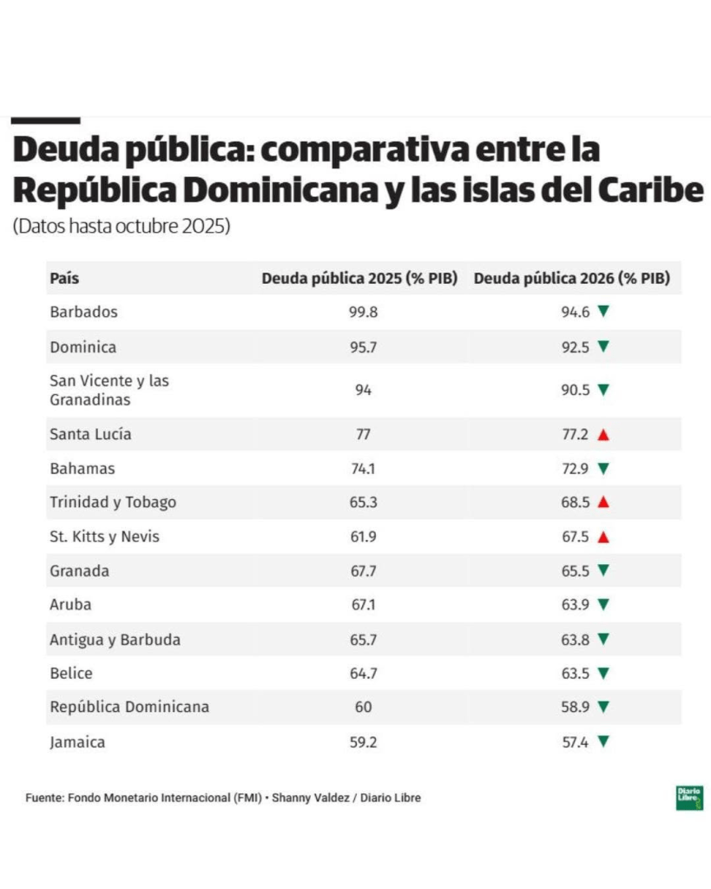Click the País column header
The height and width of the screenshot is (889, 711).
coord(64,279)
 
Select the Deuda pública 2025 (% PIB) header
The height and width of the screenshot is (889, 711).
coord(359,279)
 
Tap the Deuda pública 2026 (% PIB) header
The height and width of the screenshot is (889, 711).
coord(572,279)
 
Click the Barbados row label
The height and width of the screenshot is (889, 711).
coord(84,312)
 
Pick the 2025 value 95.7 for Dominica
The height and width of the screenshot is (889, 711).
coord(364,347)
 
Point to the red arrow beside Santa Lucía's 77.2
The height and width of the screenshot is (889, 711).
coord(603,435)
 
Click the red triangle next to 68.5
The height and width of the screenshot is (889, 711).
coord(603,502)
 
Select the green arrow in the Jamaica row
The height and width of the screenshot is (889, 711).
coord(603,741)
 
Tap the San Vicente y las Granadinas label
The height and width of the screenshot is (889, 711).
coord(109,390)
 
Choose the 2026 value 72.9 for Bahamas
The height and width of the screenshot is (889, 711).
coord(576,469)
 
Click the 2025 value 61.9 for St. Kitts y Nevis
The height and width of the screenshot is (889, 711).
coord(364,537)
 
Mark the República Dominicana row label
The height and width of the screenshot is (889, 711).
coord(129,707)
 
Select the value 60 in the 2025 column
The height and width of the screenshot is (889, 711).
coord(364,707)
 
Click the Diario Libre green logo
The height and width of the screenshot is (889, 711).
coord(689,798)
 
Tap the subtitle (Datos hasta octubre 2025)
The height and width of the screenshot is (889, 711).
coord(122,227)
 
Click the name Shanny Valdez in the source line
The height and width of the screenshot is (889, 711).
coord(310,798)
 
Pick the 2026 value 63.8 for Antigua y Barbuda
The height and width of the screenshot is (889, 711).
coord(576,640)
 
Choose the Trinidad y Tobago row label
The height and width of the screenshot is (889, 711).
coord(113,503)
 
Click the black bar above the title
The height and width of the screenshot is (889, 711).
coord(45,120)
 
